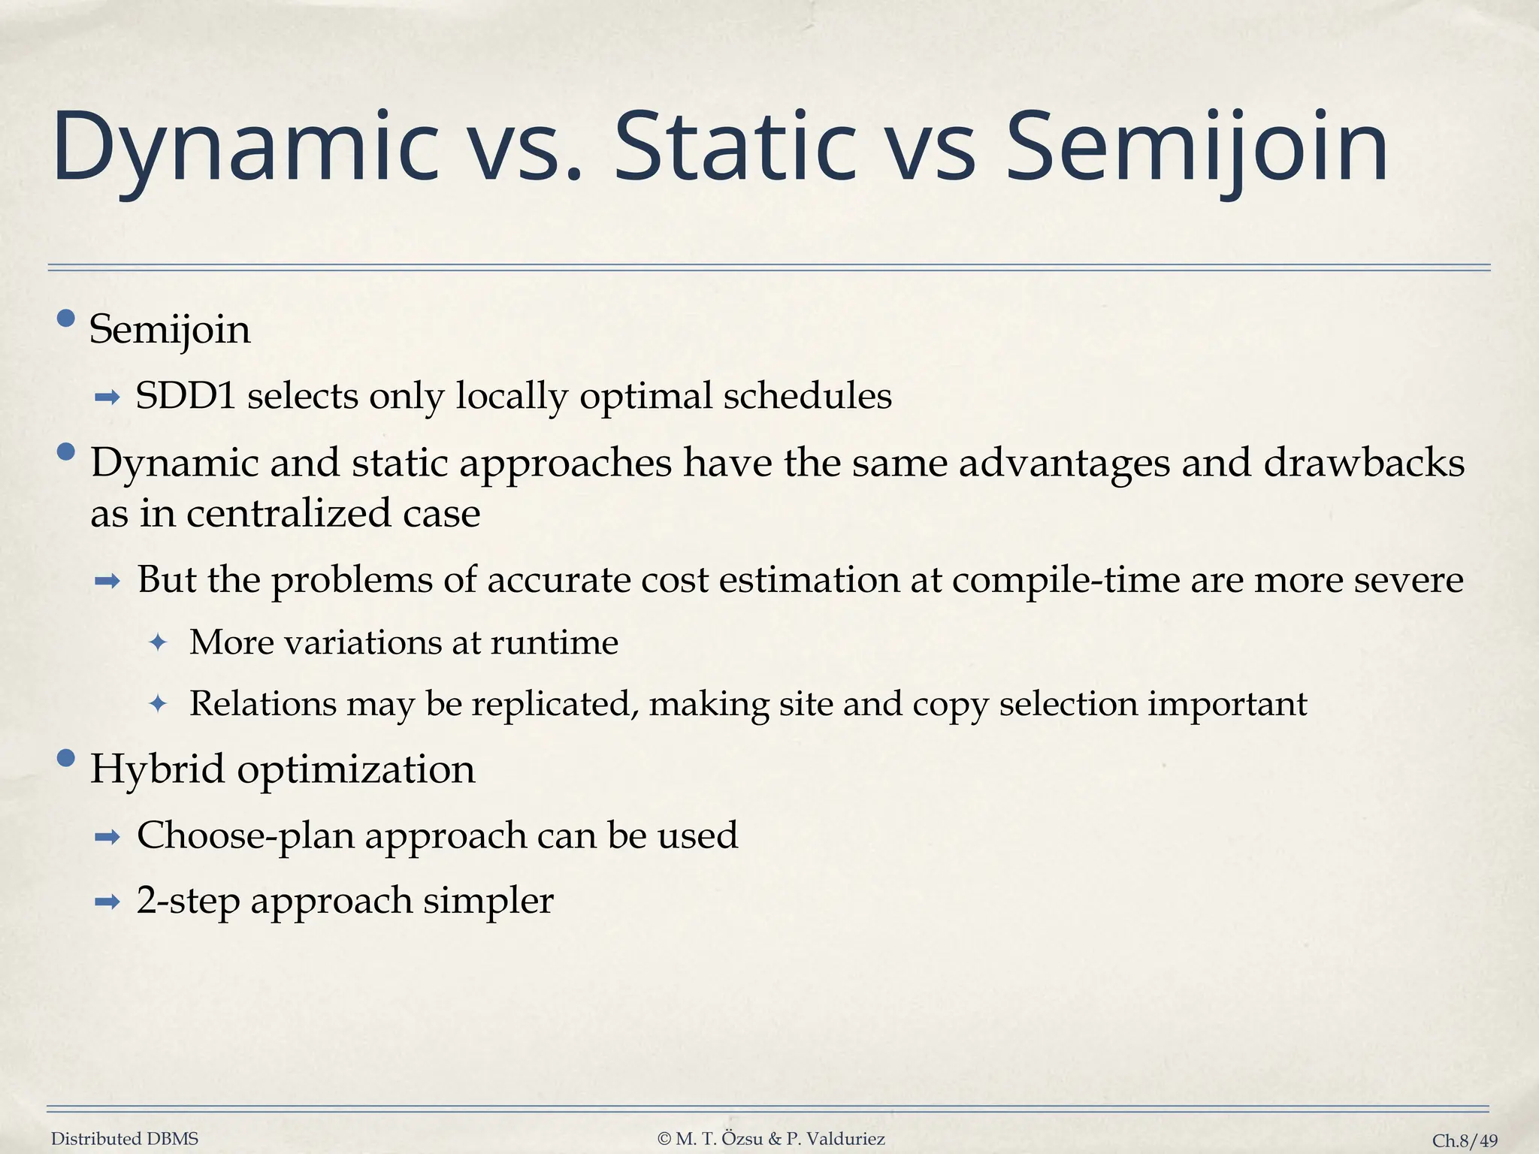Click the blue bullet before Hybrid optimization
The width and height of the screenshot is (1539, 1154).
66,758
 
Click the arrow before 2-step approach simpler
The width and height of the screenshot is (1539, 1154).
107,902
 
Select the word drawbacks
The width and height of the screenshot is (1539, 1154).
1363,463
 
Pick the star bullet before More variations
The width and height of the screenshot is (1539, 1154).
158,643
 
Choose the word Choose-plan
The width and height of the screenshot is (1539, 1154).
245,835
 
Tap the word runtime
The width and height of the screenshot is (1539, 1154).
555,643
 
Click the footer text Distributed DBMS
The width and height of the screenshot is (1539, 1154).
125,1139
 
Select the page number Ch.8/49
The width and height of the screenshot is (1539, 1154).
1465,1140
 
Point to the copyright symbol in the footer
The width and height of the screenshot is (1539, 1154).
664,1139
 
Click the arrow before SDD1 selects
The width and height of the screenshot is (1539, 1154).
107,397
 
